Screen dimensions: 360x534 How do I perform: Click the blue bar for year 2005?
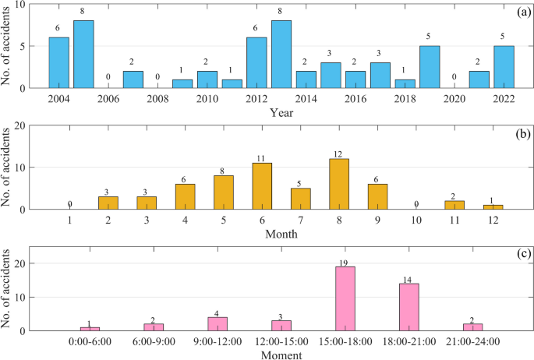[x=83, y=55]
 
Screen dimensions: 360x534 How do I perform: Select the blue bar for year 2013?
[x=281, y=55]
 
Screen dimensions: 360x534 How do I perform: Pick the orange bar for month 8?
[x=339, y=184]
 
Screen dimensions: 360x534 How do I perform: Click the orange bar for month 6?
[x=263, y=186]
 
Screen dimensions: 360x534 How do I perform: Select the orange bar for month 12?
[x=492, y=206]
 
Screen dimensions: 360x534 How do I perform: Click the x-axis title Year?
[x=281, y=111]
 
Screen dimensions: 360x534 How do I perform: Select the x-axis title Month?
[x=281, y=233]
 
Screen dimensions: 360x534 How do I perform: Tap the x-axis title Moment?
[x=281, y=355]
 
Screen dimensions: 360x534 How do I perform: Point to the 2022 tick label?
[x=504, y=99]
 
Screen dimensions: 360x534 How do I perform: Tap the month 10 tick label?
[x=416, y=221]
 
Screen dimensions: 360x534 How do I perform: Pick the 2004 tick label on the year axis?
[x=59, y=99]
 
